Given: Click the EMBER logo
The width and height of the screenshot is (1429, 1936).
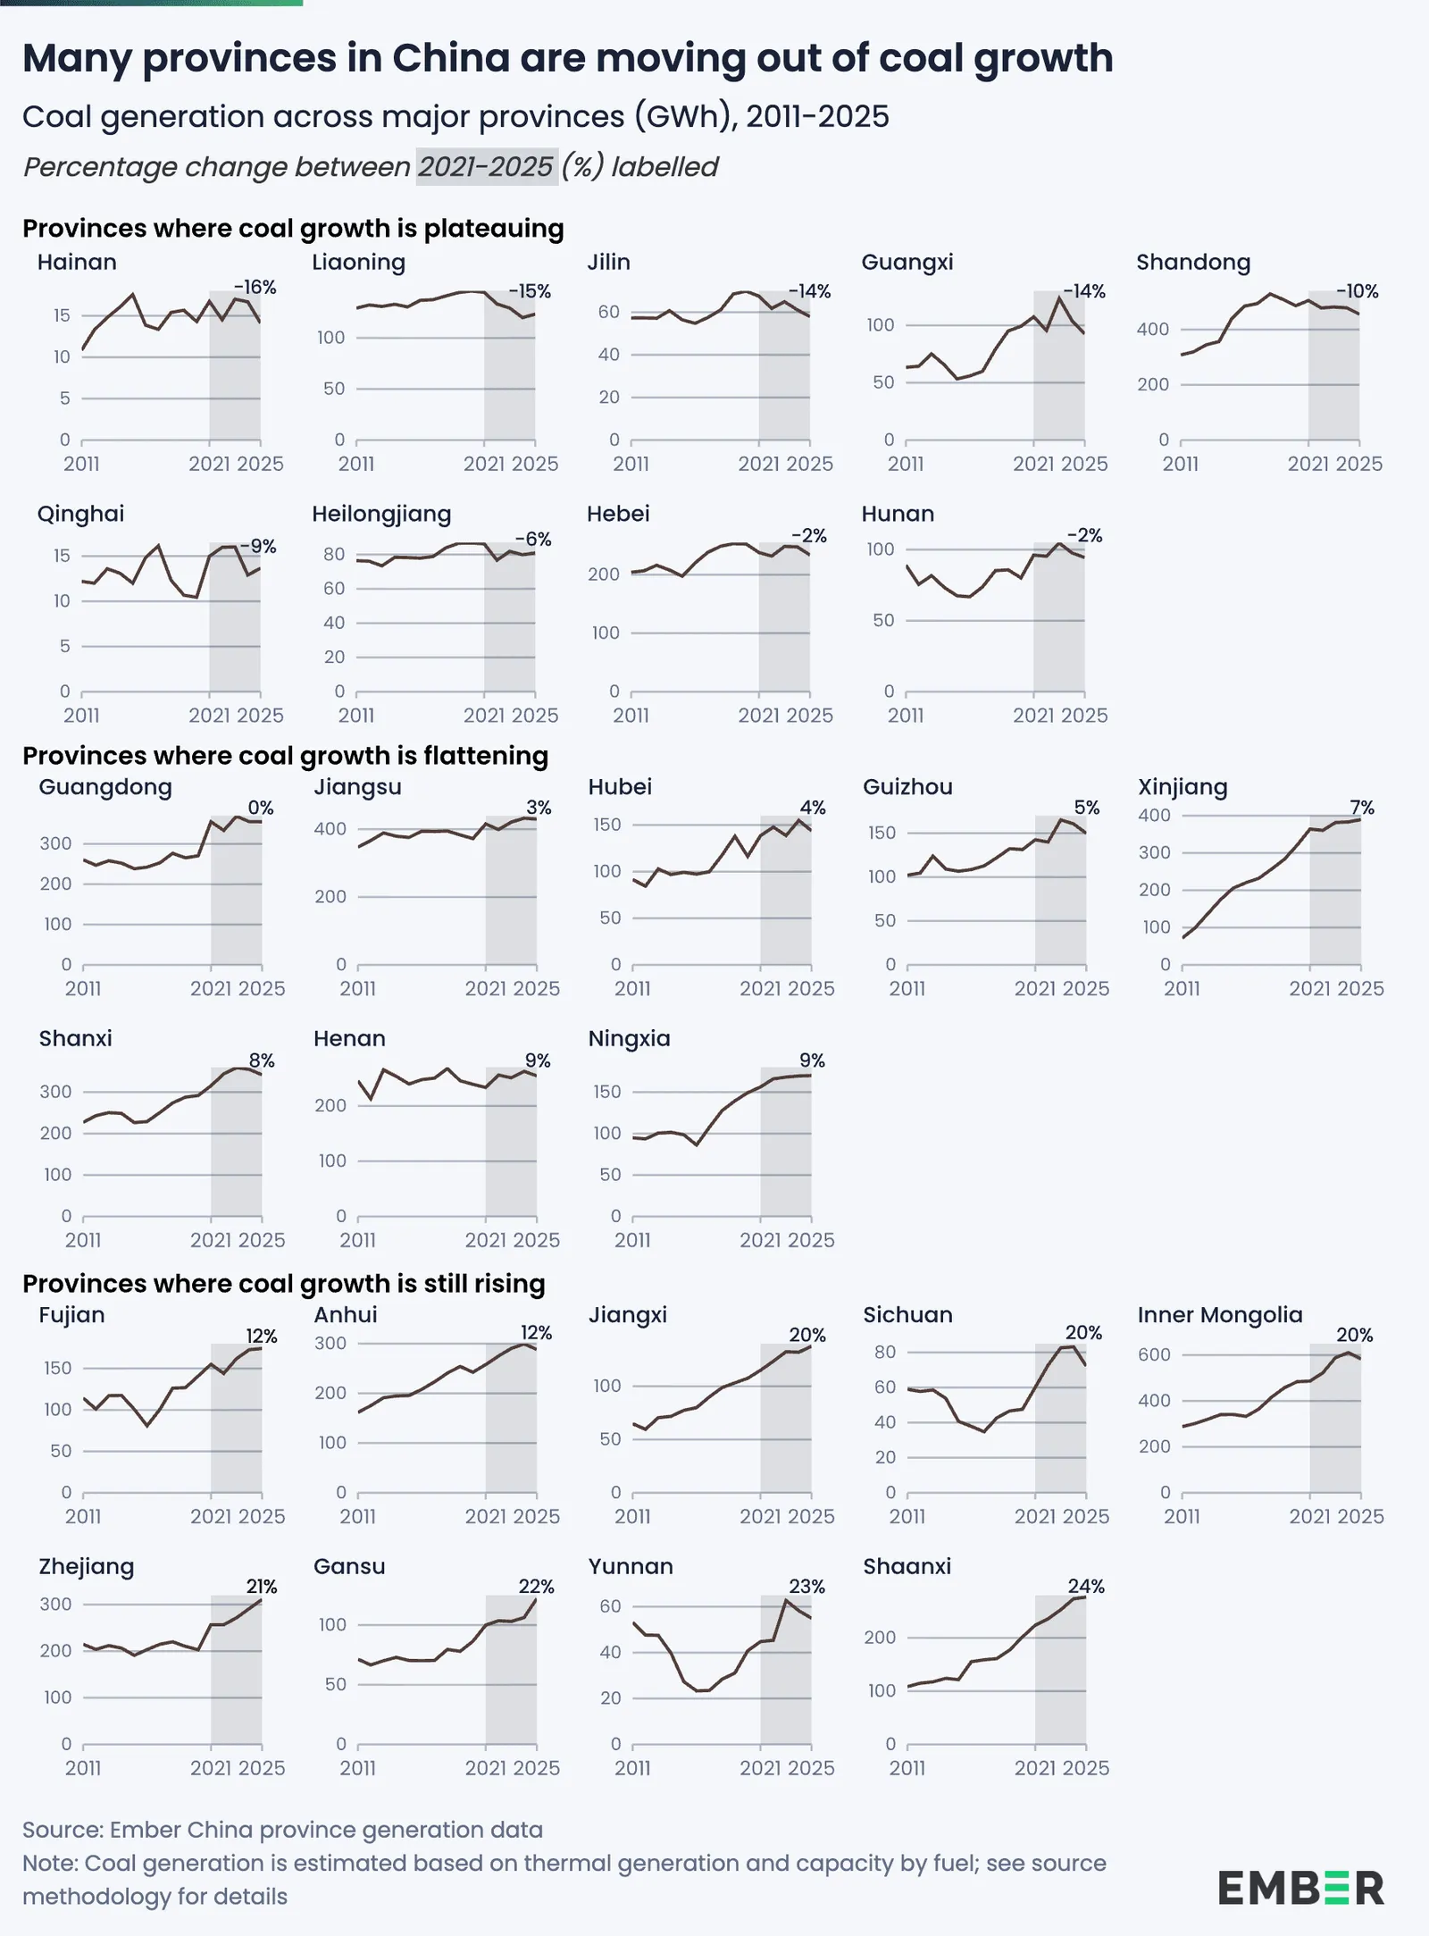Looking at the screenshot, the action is [1300, 1888].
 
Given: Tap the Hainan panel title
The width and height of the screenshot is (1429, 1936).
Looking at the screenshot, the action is [77, 262].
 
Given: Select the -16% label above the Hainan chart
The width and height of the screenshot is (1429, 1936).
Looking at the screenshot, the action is [255, 288].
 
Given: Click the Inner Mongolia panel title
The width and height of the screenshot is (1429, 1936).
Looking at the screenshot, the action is [1220, 1314].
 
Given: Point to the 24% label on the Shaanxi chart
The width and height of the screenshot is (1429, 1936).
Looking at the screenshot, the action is [1086, 1586].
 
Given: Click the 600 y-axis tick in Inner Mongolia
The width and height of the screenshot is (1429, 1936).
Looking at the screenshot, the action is [1154, 1354].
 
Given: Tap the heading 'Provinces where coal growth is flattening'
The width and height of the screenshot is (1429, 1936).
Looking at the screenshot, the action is [285, 756].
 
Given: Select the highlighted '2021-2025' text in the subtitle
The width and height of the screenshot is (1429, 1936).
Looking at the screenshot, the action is [487, 166].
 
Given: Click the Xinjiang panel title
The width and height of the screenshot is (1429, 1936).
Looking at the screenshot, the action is [1182, 787].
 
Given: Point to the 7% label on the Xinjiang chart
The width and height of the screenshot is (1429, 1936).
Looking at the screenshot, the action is [1362, 808].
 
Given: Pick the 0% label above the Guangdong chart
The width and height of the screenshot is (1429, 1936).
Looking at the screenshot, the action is [261, 808].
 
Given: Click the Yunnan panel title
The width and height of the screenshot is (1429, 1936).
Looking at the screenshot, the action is [631, 1566].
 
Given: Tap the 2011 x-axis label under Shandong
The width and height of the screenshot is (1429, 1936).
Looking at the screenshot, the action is [1181, 464].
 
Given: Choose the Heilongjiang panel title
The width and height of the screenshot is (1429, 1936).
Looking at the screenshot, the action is [381, 514].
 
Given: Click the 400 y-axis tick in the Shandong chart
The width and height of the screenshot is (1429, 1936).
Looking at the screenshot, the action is [1152, 329].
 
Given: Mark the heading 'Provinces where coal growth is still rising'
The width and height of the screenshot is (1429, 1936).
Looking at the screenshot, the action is [284, 1284].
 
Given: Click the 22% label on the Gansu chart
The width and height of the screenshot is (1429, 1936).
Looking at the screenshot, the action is [537, 1586].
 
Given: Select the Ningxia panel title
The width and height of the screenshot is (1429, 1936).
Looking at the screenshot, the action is [630, 1038].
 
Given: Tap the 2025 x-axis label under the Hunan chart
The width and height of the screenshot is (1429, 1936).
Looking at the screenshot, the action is [1085, 716].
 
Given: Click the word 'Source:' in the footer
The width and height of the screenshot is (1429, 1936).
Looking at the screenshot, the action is [63, 1830].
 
